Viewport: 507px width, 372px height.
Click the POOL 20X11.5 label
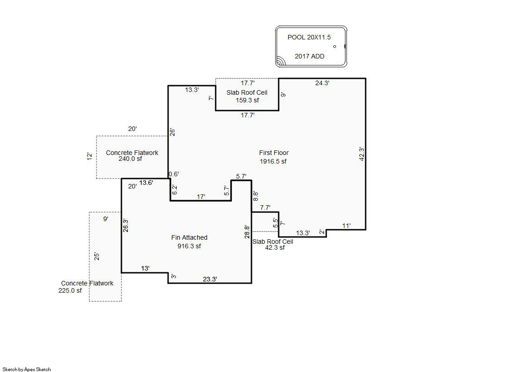[x=306, y=38]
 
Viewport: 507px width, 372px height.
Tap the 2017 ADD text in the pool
[x=309, y=57]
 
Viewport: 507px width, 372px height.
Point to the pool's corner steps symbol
[x=281, y=61]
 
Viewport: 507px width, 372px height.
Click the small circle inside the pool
[x=335, y=47]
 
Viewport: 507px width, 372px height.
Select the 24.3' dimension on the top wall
[x=322, y=83]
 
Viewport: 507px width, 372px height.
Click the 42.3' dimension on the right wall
[x=361, y=154]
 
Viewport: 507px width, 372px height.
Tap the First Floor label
[x=274, y=153]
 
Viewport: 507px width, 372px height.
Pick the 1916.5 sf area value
[x=273, y=162]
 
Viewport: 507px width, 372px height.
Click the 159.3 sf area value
[x=247, y=101]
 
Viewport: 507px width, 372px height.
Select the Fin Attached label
[x=189, y=237]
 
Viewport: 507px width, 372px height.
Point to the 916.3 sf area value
[x=189, y=246]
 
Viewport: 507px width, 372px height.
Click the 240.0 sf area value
[x=130, y=159]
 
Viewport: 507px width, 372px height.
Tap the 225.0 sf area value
[x=70, y=291]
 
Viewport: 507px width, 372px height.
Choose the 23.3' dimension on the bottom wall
[x=210, y=280]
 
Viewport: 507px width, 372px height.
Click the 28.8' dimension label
[x=246, y=232]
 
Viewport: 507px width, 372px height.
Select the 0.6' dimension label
[x=174, y=174]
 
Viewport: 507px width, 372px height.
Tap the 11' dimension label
[x=346, y=226]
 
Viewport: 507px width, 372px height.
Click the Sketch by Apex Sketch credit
[x=27, y=369]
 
